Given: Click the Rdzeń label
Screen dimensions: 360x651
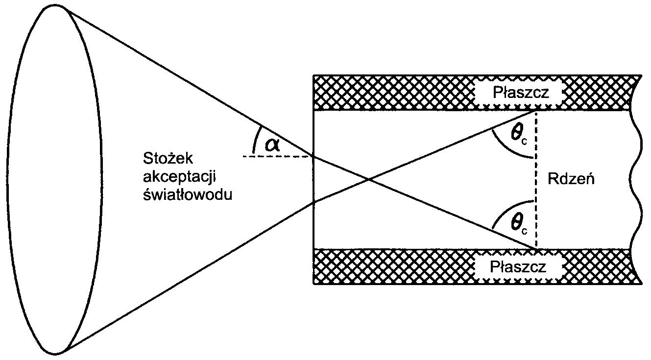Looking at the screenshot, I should point(572,179).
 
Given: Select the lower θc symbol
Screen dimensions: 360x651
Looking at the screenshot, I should point(519,224).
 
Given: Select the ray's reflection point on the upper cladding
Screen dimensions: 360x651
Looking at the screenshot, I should point(536,111).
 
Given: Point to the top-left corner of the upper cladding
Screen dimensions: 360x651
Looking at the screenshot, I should point(313,76).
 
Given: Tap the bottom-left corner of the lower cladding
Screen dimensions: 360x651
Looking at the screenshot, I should point(313,283).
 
